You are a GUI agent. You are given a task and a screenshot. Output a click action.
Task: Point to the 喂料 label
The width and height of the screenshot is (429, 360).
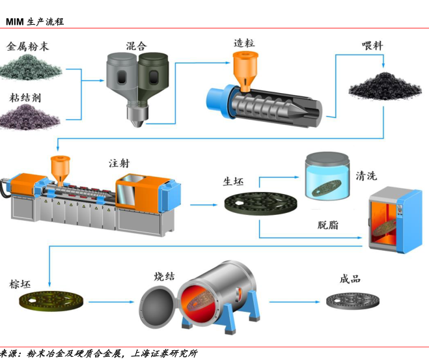coord(373,47)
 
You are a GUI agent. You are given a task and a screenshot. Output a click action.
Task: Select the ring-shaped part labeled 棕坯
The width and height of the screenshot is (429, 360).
coord(52,302)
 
